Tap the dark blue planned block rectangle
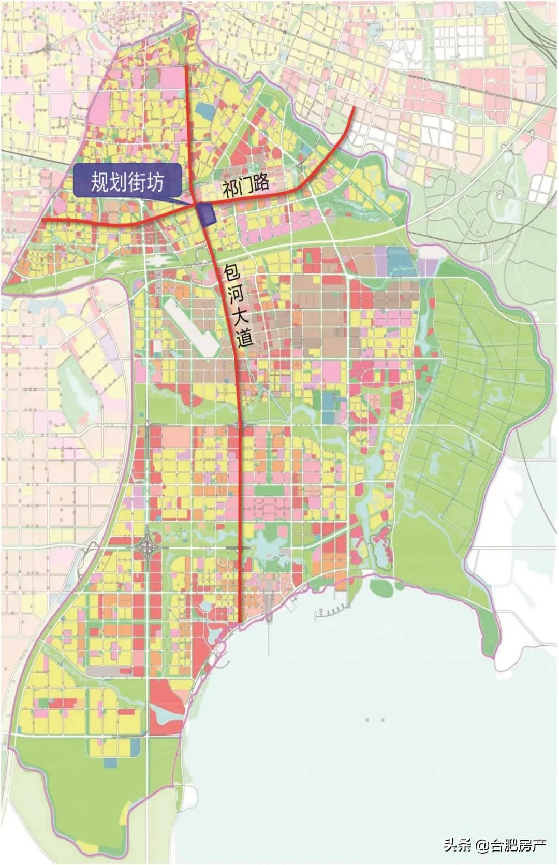(x=207, y=215)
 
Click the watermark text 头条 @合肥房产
(x=494, y=846)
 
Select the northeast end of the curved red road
(x=354, y=109)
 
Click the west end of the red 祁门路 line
(x=42, y=221)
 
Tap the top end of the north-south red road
(x=187, y=66)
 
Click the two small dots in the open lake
(x=374, y=720)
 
